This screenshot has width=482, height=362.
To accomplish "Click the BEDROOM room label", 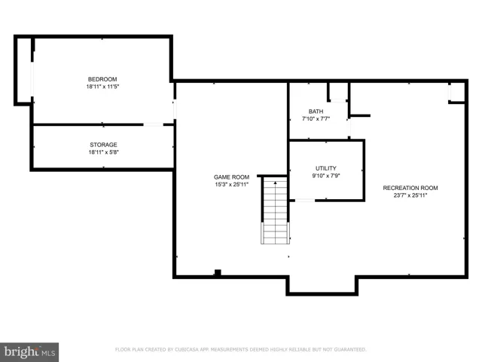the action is (102, 79).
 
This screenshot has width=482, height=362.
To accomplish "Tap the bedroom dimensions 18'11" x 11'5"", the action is (102, 87).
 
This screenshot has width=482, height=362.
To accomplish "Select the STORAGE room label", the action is (103, 145).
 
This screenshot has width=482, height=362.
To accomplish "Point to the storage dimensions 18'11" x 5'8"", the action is (103, 152).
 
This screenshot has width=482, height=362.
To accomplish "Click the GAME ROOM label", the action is (231, 177).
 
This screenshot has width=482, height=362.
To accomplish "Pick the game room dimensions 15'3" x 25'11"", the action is (231, 184).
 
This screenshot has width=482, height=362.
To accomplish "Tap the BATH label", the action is (316, 112).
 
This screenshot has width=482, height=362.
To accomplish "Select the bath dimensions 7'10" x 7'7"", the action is (316, 119).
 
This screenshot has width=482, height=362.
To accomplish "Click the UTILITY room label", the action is (326, 168).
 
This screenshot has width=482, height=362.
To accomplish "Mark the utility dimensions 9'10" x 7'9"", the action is (326, 176).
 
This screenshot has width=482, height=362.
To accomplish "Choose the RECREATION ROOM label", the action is (410, 188).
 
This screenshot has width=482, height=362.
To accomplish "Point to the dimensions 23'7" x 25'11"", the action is (410, 195).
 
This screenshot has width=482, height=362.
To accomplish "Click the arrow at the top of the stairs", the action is (275, 183).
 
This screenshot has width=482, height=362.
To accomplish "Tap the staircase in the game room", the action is (275, 210).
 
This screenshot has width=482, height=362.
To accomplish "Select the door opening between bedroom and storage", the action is (154, 124).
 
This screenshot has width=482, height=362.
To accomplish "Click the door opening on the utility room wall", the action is (305, 201).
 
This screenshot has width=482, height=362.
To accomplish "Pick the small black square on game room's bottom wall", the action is (218, 272).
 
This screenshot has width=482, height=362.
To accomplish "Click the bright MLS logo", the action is (29, 352).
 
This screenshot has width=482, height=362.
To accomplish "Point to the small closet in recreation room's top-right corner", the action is (457, 92).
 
